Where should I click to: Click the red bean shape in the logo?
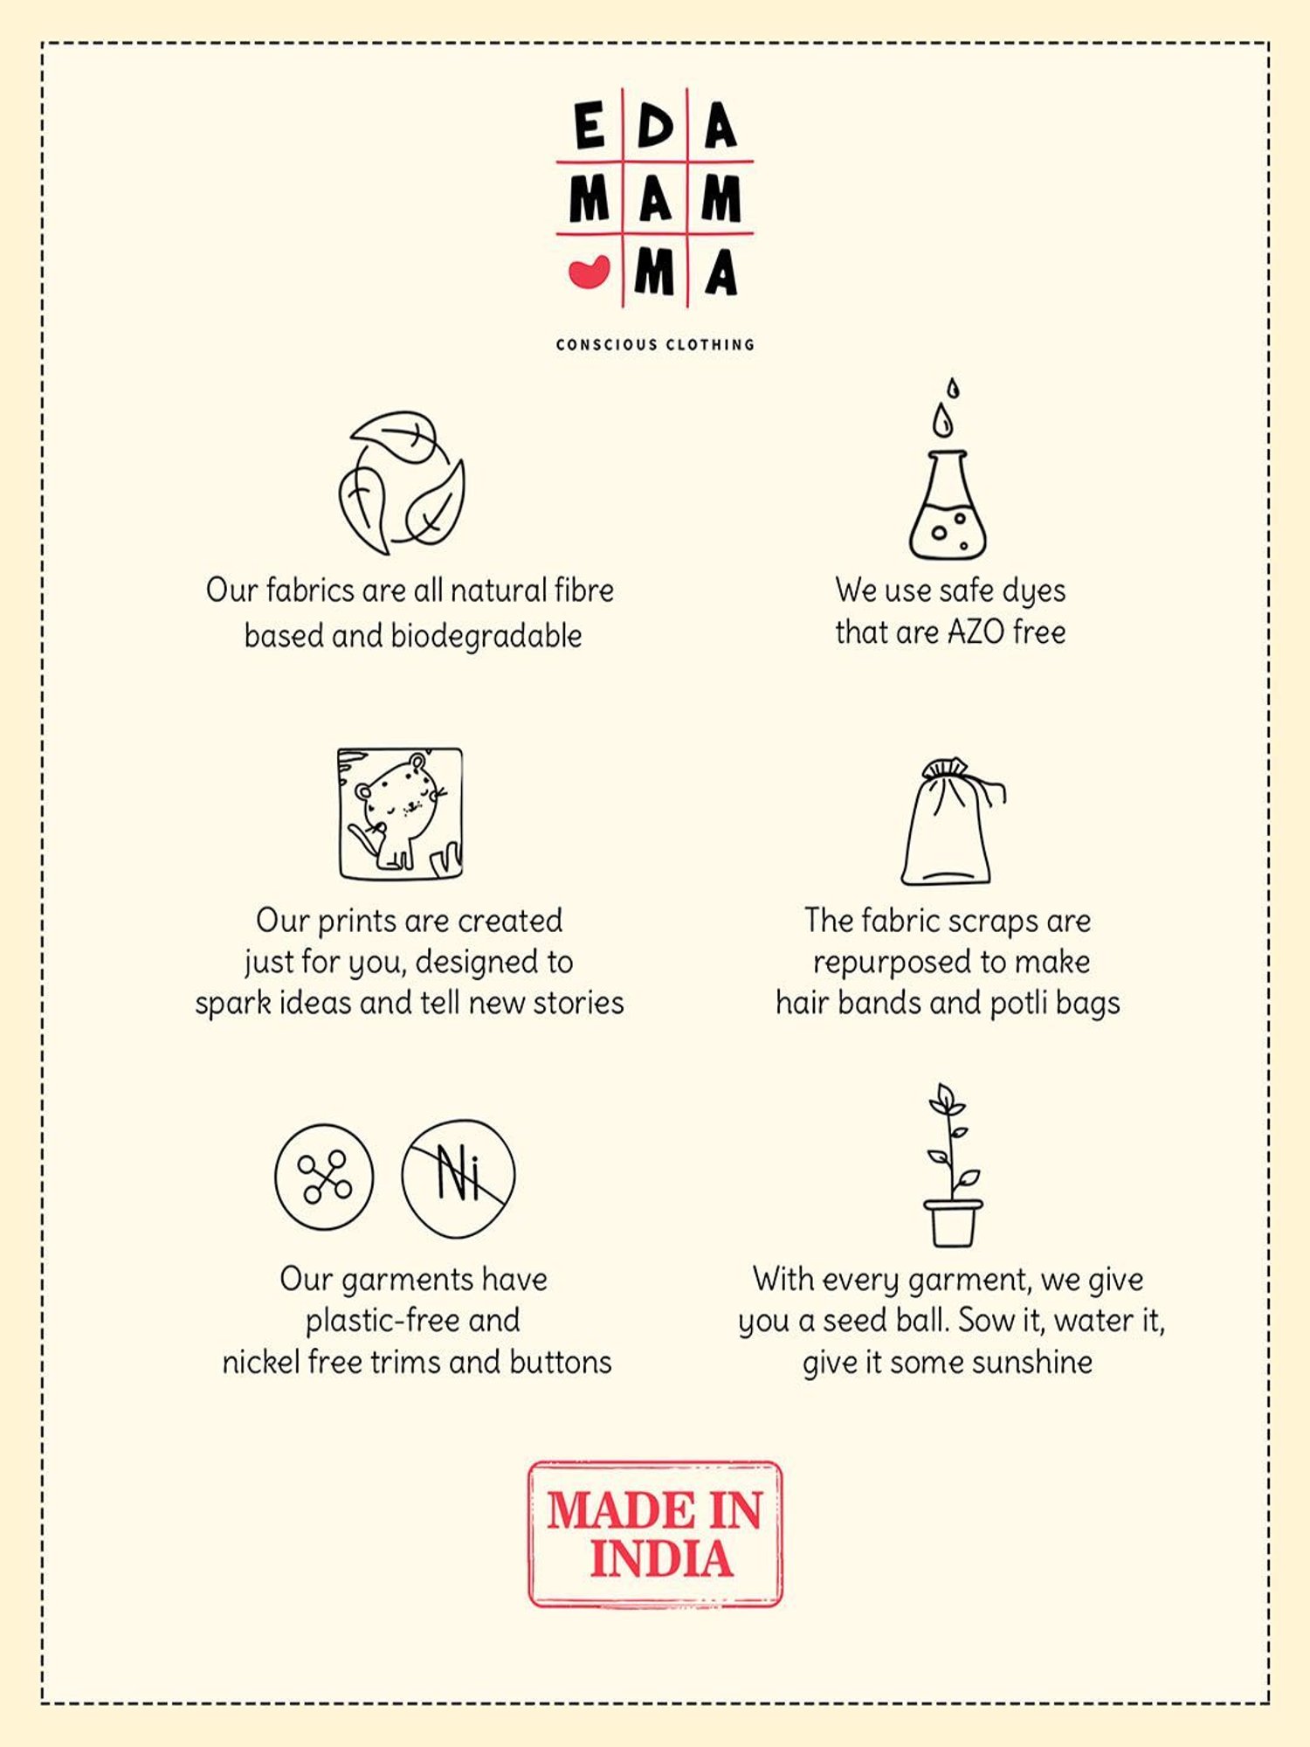[589, 273]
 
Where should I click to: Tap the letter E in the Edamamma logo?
[589, 125]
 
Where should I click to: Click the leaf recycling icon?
[402, 482]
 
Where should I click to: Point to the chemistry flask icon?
[948, 505]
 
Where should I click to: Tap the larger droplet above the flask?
[941, 420]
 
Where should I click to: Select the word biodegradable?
[486, 637]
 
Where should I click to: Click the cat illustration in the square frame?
[401, 813]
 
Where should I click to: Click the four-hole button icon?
[324, 1177]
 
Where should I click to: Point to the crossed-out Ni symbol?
[458, 1177]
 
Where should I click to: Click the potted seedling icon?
[952, 1165]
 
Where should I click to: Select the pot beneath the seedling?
[953, 1223]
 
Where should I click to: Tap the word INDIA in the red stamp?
[661, 1559]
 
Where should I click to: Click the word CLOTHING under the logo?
[710, 344]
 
